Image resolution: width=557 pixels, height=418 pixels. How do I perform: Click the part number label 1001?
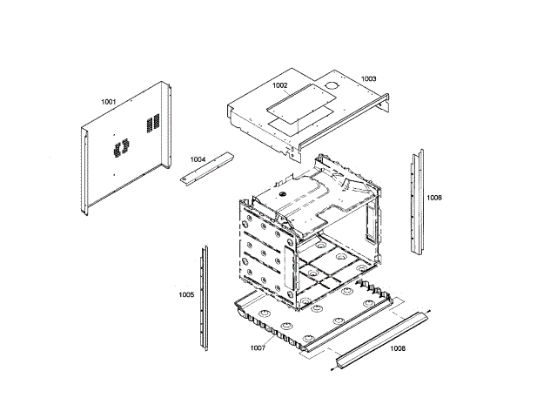[109, 102]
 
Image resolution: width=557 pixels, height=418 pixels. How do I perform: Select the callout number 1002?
[280, 85]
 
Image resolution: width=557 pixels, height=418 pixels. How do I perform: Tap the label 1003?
[369, 78]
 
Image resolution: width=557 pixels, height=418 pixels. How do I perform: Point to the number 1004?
[198, 159]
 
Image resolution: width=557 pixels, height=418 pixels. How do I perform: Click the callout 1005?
[187, 294]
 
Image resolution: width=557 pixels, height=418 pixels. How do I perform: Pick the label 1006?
[434, 198]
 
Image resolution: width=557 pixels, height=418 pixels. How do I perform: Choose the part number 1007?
[258, 348]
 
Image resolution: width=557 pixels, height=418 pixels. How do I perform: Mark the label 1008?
[397, 348]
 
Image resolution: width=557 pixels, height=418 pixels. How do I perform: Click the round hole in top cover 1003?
[332, 85]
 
